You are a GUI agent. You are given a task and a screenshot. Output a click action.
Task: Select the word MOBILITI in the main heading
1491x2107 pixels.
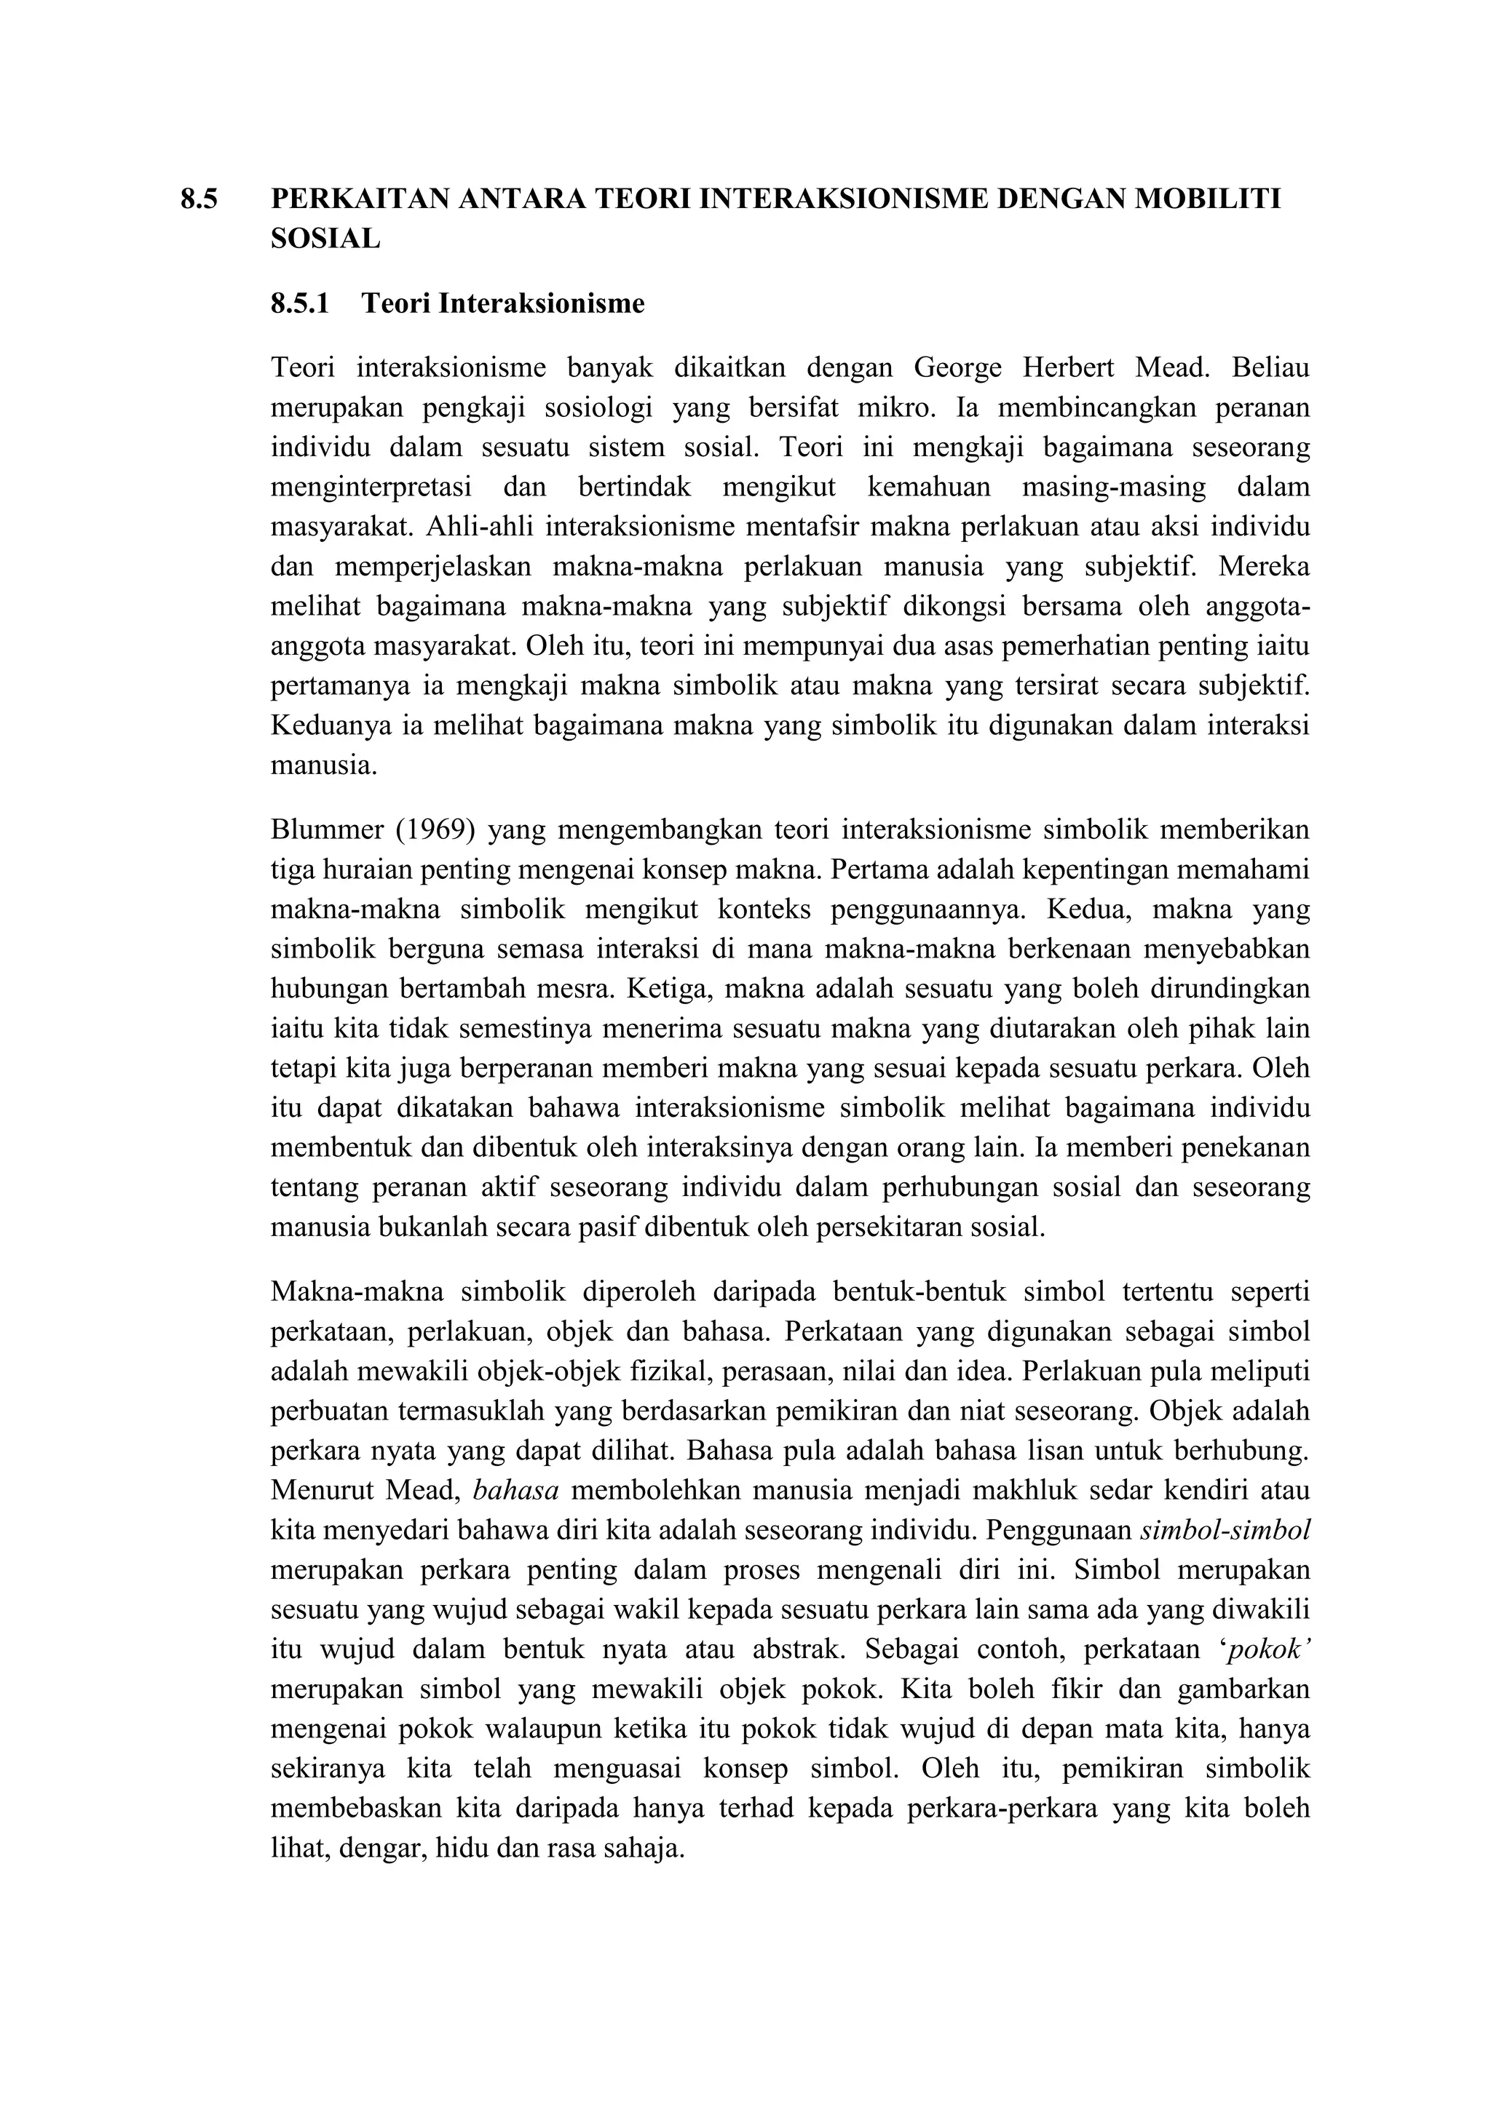click(x=1209, y=199)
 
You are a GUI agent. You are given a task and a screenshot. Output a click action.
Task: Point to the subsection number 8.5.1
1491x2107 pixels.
click(x=299, y=303)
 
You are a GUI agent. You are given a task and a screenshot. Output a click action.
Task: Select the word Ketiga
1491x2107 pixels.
click(x=662, y=989)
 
